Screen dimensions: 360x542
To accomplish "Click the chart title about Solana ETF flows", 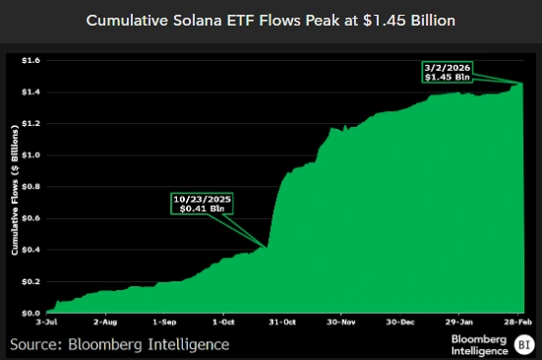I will [x=271, y=20].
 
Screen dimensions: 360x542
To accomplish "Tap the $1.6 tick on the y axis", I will [x=30, y=60].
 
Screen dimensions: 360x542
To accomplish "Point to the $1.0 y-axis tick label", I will [x=30, y=154].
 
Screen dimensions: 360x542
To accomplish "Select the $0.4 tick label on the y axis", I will [x=30, y=249].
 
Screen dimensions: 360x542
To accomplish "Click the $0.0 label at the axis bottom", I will [x=30, y=312].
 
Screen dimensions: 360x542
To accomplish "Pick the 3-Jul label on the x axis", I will [x=46, y=322].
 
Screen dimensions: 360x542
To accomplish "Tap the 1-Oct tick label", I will [x=224, y=322].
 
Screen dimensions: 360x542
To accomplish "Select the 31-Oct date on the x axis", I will [x=283, y=322].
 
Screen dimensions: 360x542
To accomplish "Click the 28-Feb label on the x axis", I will [x=520, y=322].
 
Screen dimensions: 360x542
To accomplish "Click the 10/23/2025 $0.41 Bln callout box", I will [x=205, y=205].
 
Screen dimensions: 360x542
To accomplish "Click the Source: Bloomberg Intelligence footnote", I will [x=119, y=343].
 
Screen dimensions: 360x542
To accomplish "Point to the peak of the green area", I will [x=521, y=85].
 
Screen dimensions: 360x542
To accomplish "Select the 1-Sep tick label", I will [x=164, y=322].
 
